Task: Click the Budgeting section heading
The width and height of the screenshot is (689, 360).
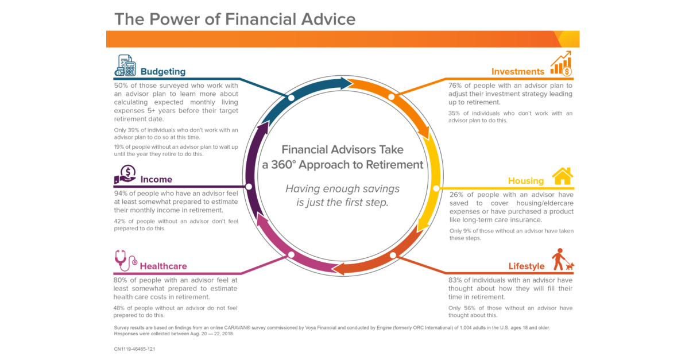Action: tap(163, 72)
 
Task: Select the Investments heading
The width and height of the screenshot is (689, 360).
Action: tap(517, 72)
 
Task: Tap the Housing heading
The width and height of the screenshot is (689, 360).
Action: tap(525, 181)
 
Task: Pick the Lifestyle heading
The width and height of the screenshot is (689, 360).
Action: tap(526, 266)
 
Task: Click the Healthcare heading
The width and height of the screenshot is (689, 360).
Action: tap(163, 266)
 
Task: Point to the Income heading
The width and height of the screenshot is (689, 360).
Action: tap(156, 180)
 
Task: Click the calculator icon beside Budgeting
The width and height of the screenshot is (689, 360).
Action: tap(125, 66)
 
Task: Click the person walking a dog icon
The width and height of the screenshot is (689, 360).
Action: tap(562, 260)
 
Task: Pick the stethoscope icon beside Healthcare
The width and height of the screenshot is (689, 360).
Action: tap(125, 261)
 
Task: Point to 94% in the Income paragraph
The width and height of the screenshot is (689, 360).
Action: tap(122, 193)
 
